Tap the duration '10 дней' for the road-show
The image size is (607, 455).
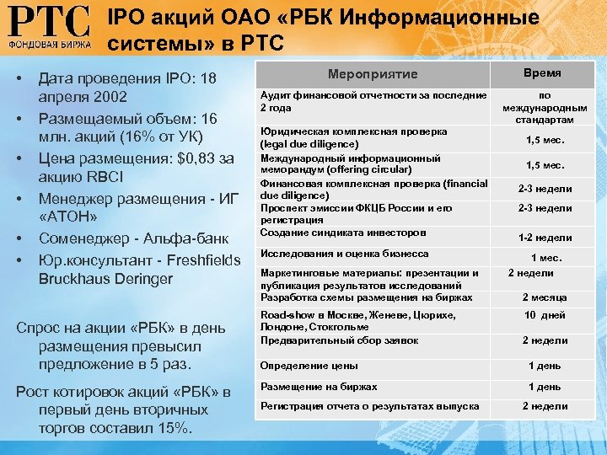coord(545,315)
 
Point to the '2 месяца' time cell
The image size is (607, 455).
coord(545,297)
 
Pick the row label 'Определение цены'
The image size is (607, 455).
coord(309,366)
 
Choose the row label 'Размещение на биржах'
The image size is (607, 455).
coord(319,387)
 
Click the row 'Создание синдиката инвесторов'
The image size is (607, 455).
coord(343,233)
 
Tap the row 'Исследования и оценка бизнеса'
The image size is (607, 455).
coord(344,254)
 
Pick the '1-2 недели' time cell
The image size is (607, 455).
coord(545,238)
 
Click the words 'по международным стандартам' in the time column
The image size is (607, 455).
coord(545,108)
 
